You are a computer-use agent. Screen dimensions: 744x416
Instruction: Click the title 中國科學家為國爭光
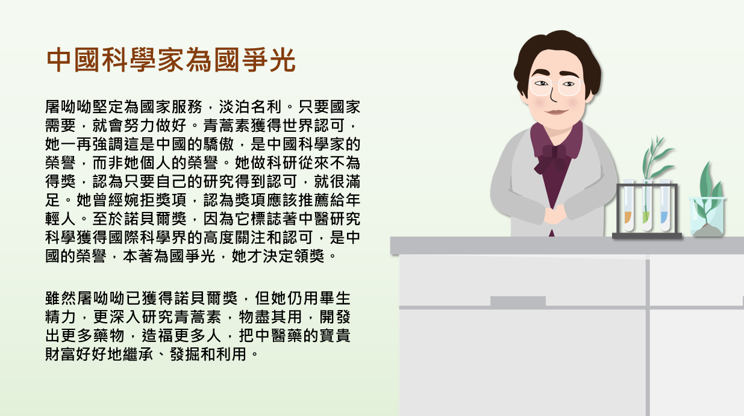coord(170,60)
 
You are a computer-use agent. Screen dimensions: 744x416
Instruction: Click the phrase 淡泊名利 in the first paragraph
coord(250,107)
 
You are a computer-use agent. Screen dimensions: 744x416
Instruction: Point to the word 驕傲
coord(218,144)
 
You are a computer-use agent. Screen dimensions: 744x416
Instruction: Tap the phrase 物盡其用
coord(270,317)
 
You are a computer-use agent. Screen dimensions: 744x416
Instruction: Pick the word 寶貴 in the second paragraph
coord(334,335)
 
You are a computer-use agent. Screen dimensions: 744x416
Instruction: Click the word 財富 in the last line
coord(60,354)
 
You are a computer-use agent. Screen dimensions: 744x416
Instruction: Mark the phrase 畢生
coord(334,298)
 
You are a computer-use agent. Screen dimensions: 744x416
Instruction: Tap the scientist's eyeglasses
coord(555,85)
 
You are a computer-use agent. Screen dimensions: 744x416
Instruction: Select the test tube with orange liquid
coord(628,205)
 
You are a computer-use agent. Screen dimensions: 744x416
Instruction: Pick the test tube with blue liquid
coord(664,205)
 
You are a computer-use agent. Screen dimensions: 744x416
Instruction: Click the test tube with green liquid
coord(646,205)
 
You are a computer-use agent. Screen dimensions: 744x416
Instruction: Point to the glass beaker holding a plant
coord(707,217)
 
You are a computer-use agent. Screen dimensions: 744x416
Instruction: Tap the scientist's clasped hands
coord(555,214)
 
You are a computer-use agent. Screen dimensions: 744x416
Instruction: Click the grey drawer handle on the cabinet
coord(518,301)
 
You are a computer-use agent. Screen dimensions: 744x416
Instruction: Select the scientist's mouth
coord(557,112)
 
